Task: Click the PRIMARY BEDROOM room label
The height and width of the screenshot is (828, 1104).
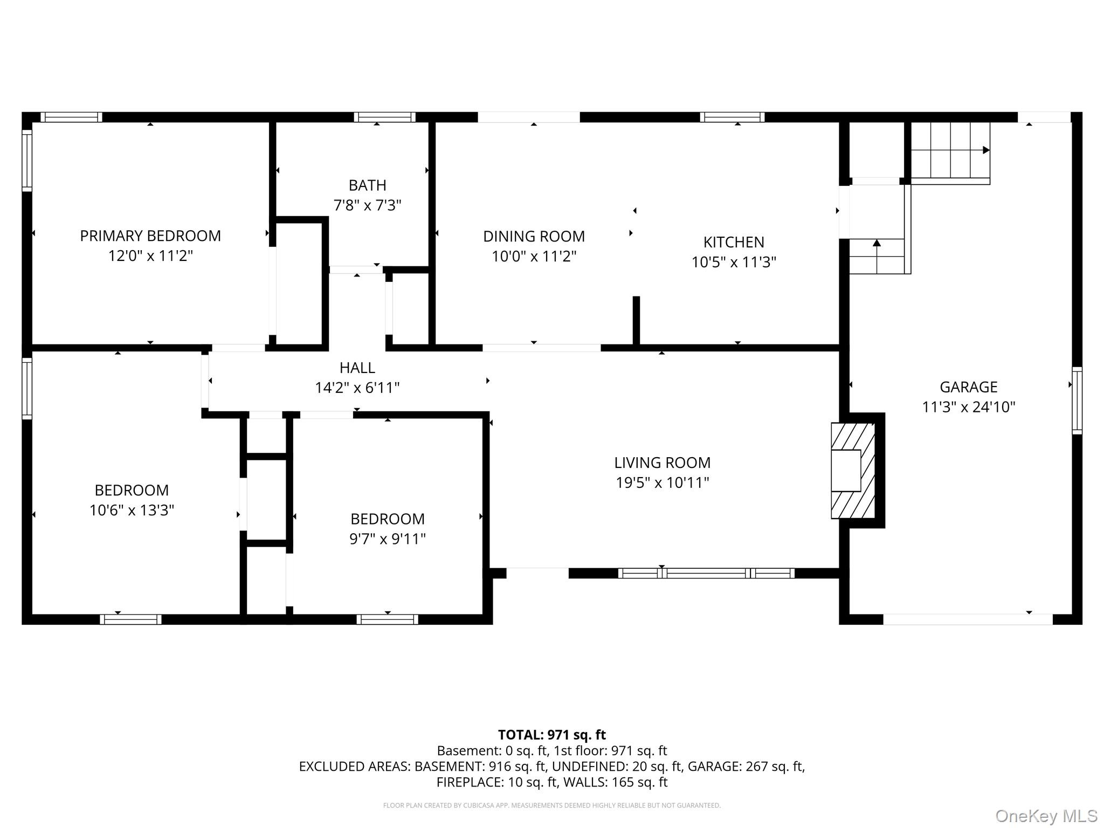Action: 150,236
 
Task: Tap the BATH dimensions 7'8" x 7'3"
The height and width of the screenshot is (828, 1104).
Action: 368,205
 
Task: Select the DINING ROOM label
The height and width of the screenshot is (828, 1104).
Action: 534,236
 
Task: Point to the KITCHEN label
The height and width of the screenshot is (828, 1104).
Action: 734,242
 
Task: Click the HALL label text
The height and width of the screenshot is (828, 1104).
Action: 357,368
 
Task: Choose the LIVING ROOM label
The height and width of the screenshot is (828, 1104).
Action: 663,463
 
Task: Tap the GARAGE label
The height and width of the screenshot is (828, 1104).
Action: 969,387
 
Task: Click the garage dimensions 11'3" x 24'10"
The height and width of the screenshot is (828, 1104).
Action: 969,407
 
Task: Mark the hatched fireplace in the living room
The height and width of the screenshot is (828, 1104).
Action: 853,471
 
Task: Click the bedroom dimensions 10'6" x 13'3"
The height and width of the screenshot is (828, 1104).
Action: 132,510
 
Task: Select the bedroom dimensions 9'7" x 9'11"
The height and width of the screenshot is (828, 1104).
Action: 388,539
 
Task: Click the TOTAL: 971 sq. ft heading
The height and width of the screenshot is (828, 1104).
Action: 552,735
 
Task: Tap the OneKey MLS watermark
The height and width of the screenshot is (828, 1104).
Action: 1046,816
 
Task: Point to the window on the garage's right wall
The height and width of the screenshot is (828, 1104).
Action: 1077,401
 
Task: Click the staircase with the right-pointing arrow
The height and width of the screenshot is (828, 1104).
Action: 950,153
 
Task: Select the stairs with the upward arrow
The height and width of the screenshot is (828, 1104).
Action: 877,257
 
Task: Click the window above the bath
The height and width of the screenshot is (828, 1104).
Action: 384,117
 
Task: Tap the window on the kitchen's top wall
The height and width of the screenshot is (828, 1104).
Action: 732,117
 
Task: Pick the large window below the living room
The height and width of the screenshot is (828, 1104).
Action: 706,573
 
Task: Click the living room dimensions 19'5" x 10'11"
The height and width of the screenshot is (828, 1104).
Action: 663,482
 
